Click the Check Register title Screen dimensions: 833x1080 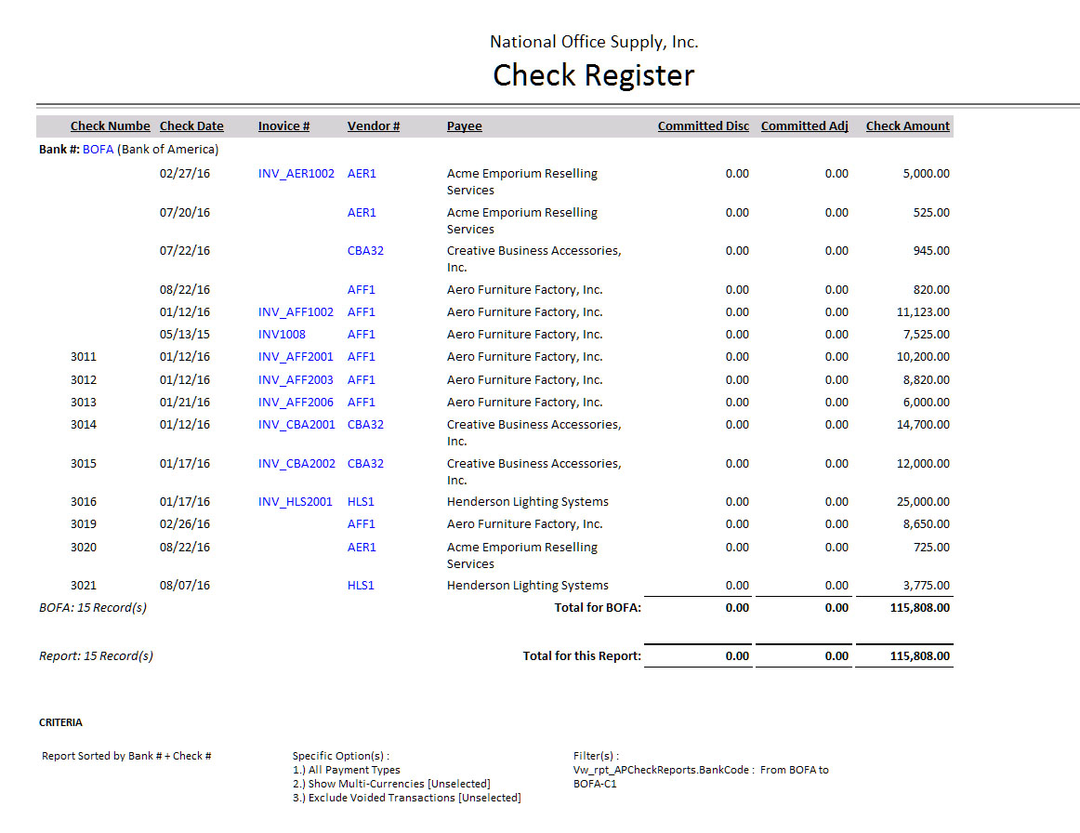pyautogui.click(x=593, y=75)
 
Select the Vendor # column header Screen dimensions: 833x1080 pyautogui.click(x=373, y=126)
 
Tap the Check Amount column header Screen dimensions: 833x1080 pyautogui.click(x=907, y=126)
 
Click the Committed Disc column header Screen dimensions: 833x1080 pyautogui.click(x=703, y=126)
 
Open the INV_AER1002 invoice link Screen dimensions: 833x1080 pyautogui.click(x=296, y=174)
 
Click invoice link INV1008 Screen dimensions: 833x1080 pyautogui.click(x=282, y=335)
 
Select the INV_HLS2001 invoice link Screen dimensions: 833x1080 pyautogui.click(x=295, y=502)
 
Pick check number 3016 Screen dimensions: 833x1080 pyautogui.click(x=84, y=502)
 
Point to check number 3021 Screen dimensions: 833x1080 pyautogui.click(x=84, y=586)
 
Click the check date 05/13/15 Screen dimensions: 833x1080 pyautogui.click(x=185, y=335)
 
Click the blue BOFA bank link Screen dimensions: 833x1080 pyautogui.click(x=98, y=150)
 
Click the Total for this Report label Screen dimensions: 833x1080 pyautogui.click(x=582, y=656)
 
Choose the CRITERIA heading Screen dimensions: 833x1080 pyautogui.click(x=60, y=722)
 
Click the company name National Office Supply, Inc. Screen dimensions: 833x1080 pyautogui.click(x=594, y=42)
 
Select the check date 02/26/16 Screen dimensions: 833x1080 pyautogui.click(x=185, y=524)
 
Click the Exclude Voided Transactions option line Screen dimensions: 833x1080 pyautogui.click(x=406, y=798)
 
